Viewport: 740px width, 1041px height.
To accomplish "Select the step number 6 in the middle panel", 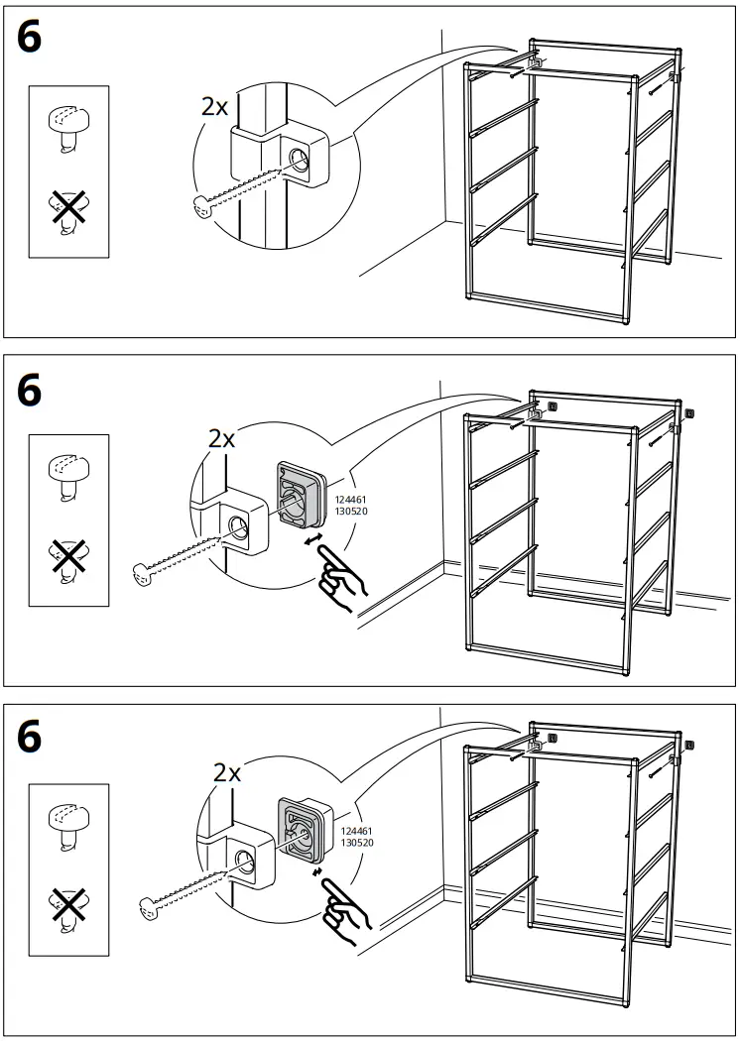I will point(31,391).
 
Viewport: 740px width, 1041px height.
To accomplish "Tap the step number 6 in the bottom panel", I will point(31,736).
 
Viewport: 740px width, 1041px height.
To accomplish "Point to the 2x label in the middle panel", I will point(222,438).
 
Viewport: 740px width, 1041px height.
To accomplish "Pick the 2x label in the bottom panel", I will point(227,773).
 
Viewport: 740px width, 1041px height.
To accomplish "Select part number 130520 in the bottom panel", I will point(357,842).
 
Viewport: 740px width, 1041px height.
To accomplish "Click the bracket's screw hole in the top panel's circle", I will point(299,159).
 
